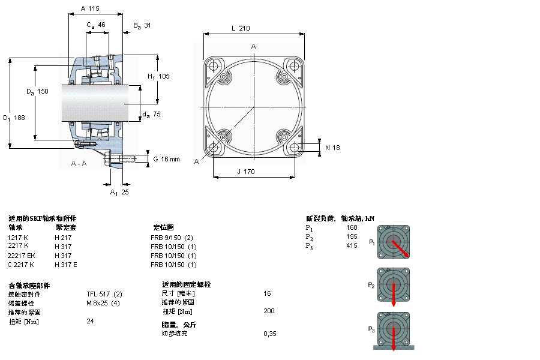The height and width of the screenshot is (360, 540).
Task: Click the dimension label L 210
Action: (x=240, y=28)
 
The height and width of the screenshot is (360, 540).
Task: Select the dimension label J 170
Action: (x=245, y=172)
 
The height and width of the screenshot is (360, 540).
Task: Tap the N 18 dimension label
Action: (x=332, y=148)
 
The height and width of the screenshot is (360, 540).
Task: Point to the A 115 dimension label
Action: (x=89, y=9)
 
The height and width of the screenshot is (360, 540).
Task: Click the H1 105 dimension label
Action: (x=158, y=76)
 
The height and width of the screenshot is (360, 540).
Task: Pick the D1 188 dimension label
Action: (x=14, y=118)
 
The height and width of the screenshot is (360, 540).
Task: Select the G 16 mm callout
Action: (x=166, y=159)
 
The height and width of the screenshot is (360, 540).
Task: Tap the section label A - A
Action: (x=79, y=164)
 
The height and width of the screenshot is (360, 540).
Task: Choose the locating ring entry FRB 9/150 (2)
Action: (x=172, y=238)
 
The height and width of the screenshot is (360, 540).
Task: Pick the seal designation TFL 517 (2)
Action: (x=104, y=293)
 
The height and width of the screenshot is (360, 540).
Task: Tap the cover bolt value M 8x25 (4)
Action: (x=103, y=302)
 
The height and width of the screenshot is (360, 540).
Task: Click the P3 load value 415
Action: (x=352, y=246)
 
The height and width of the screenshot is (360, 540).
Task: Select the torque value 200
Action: (x=269, y=311)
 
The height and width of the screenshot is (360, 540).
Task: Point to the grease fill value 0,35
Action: (x=270, y=333)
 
